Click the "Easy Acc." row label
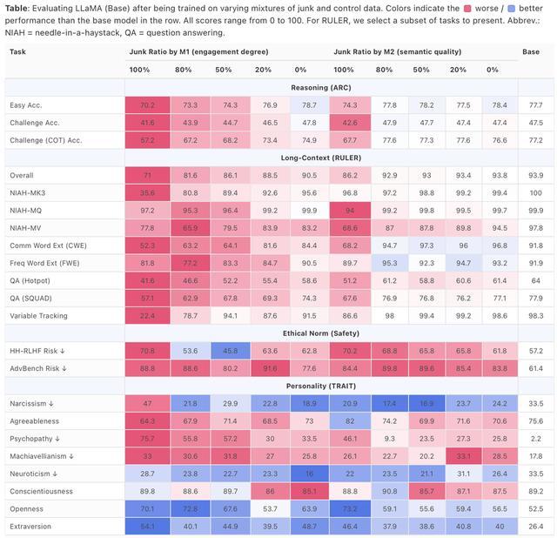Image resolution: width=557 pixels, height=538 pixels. pyautogui.click(x=26, y=105)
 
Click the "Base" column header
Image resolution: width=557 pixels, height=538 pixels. pyautogui.click(x=531, y=51)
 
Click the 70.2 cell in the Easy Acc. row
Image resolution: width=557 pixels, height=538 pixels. pyautogui.click(x=147, y=105)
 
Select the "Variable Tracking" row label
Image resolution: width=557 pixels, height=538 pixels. pyautogui.click(x=38, y=315)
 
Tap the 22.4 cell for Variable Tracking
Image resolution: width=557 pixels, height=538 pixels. pyautogui.click(x=147, y=315)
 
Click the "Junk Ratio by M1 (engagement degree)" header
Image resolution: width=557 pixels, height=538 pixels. pyautogui.click(x=198, y=51)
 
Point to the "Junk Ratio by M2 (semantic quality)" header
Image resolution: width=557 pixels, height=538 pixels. pyautogui.click(x=399, y=51)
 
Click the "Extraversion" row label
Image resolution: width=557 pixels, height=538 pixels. pyautogui.click(x=31, y=526)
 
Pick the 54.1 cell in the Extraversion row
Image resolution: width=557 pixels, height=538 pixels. pyautogui.click(x=147, y=526)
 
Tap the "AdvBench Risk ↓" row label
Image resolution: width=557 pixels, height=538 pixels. pyautogui.click(x=38, y=368)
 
